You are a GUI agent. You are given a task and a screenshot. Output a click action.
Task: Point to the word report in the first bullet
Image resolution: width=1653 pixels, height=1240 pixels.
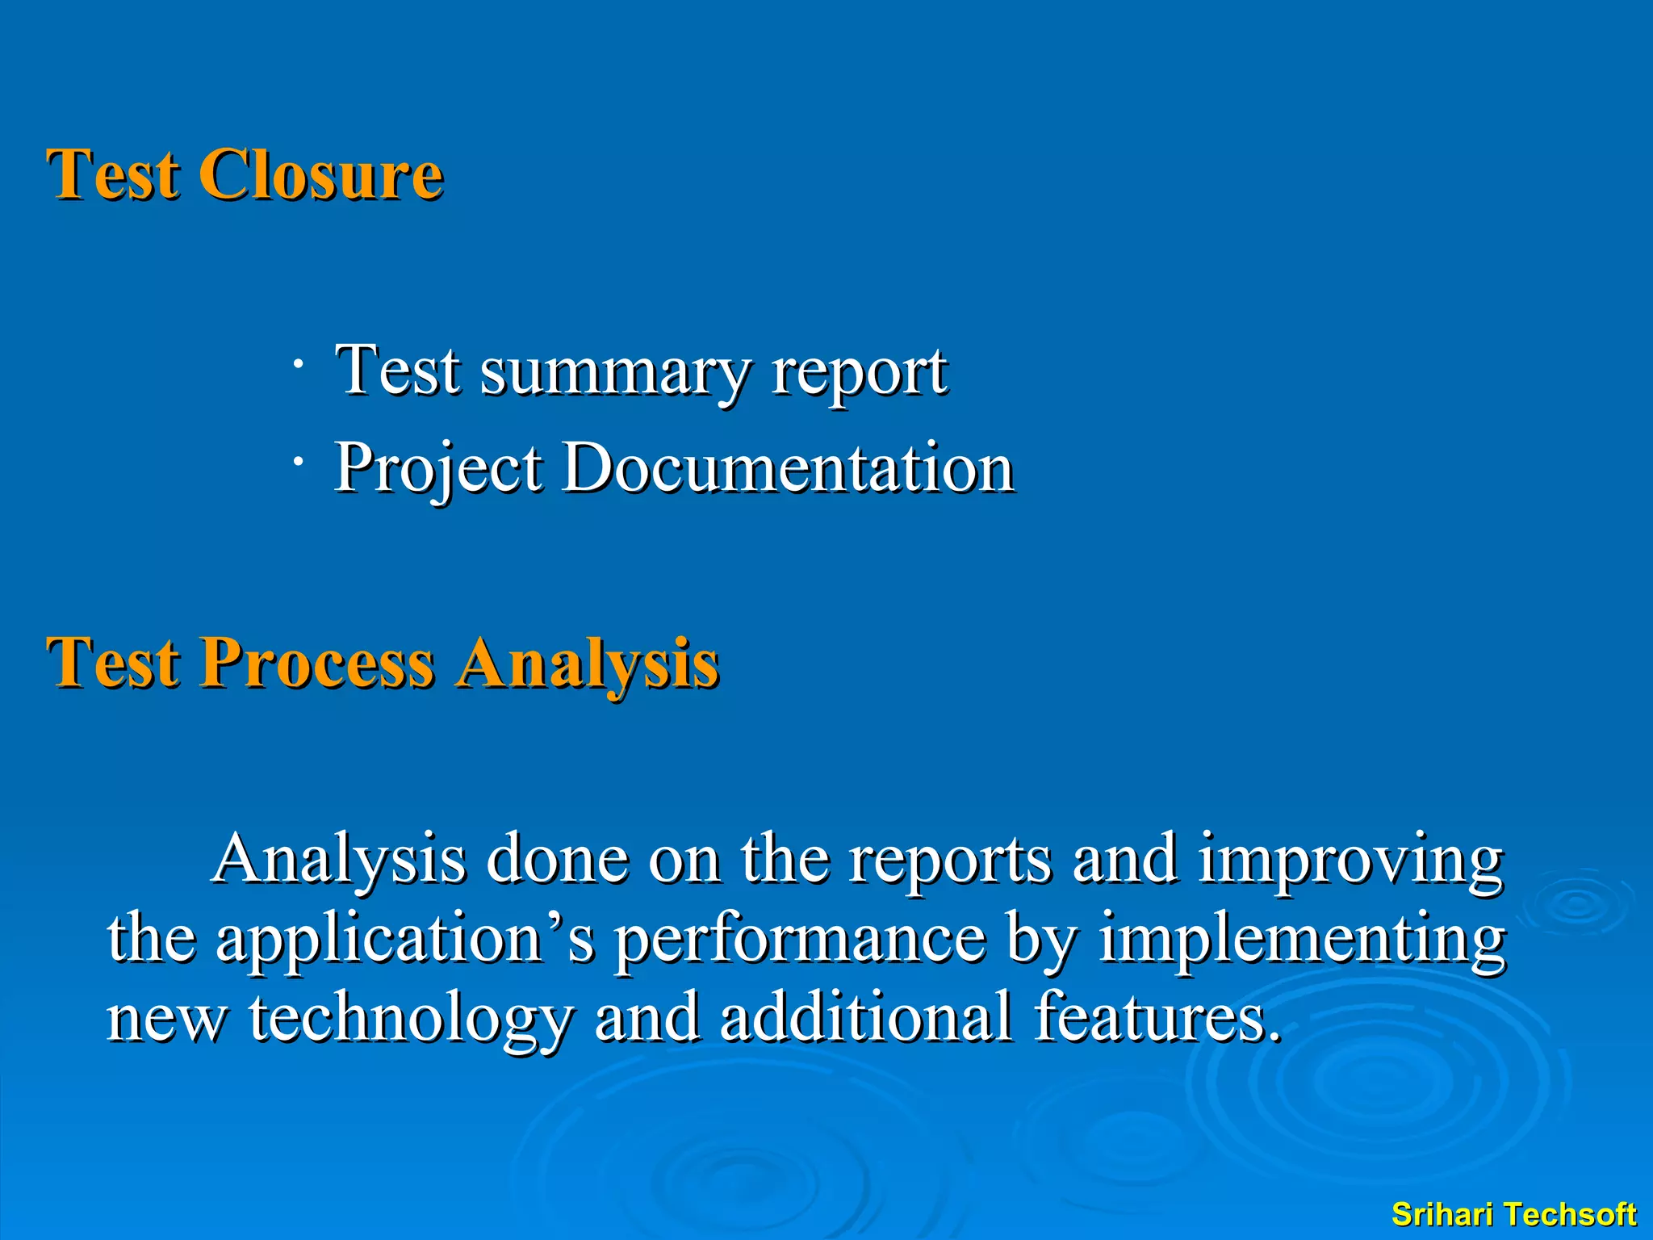coord(859,373)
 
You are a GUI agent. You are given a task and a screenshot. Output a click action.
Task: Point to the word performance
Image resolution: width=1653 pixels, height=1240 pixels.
coord(800,939)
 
